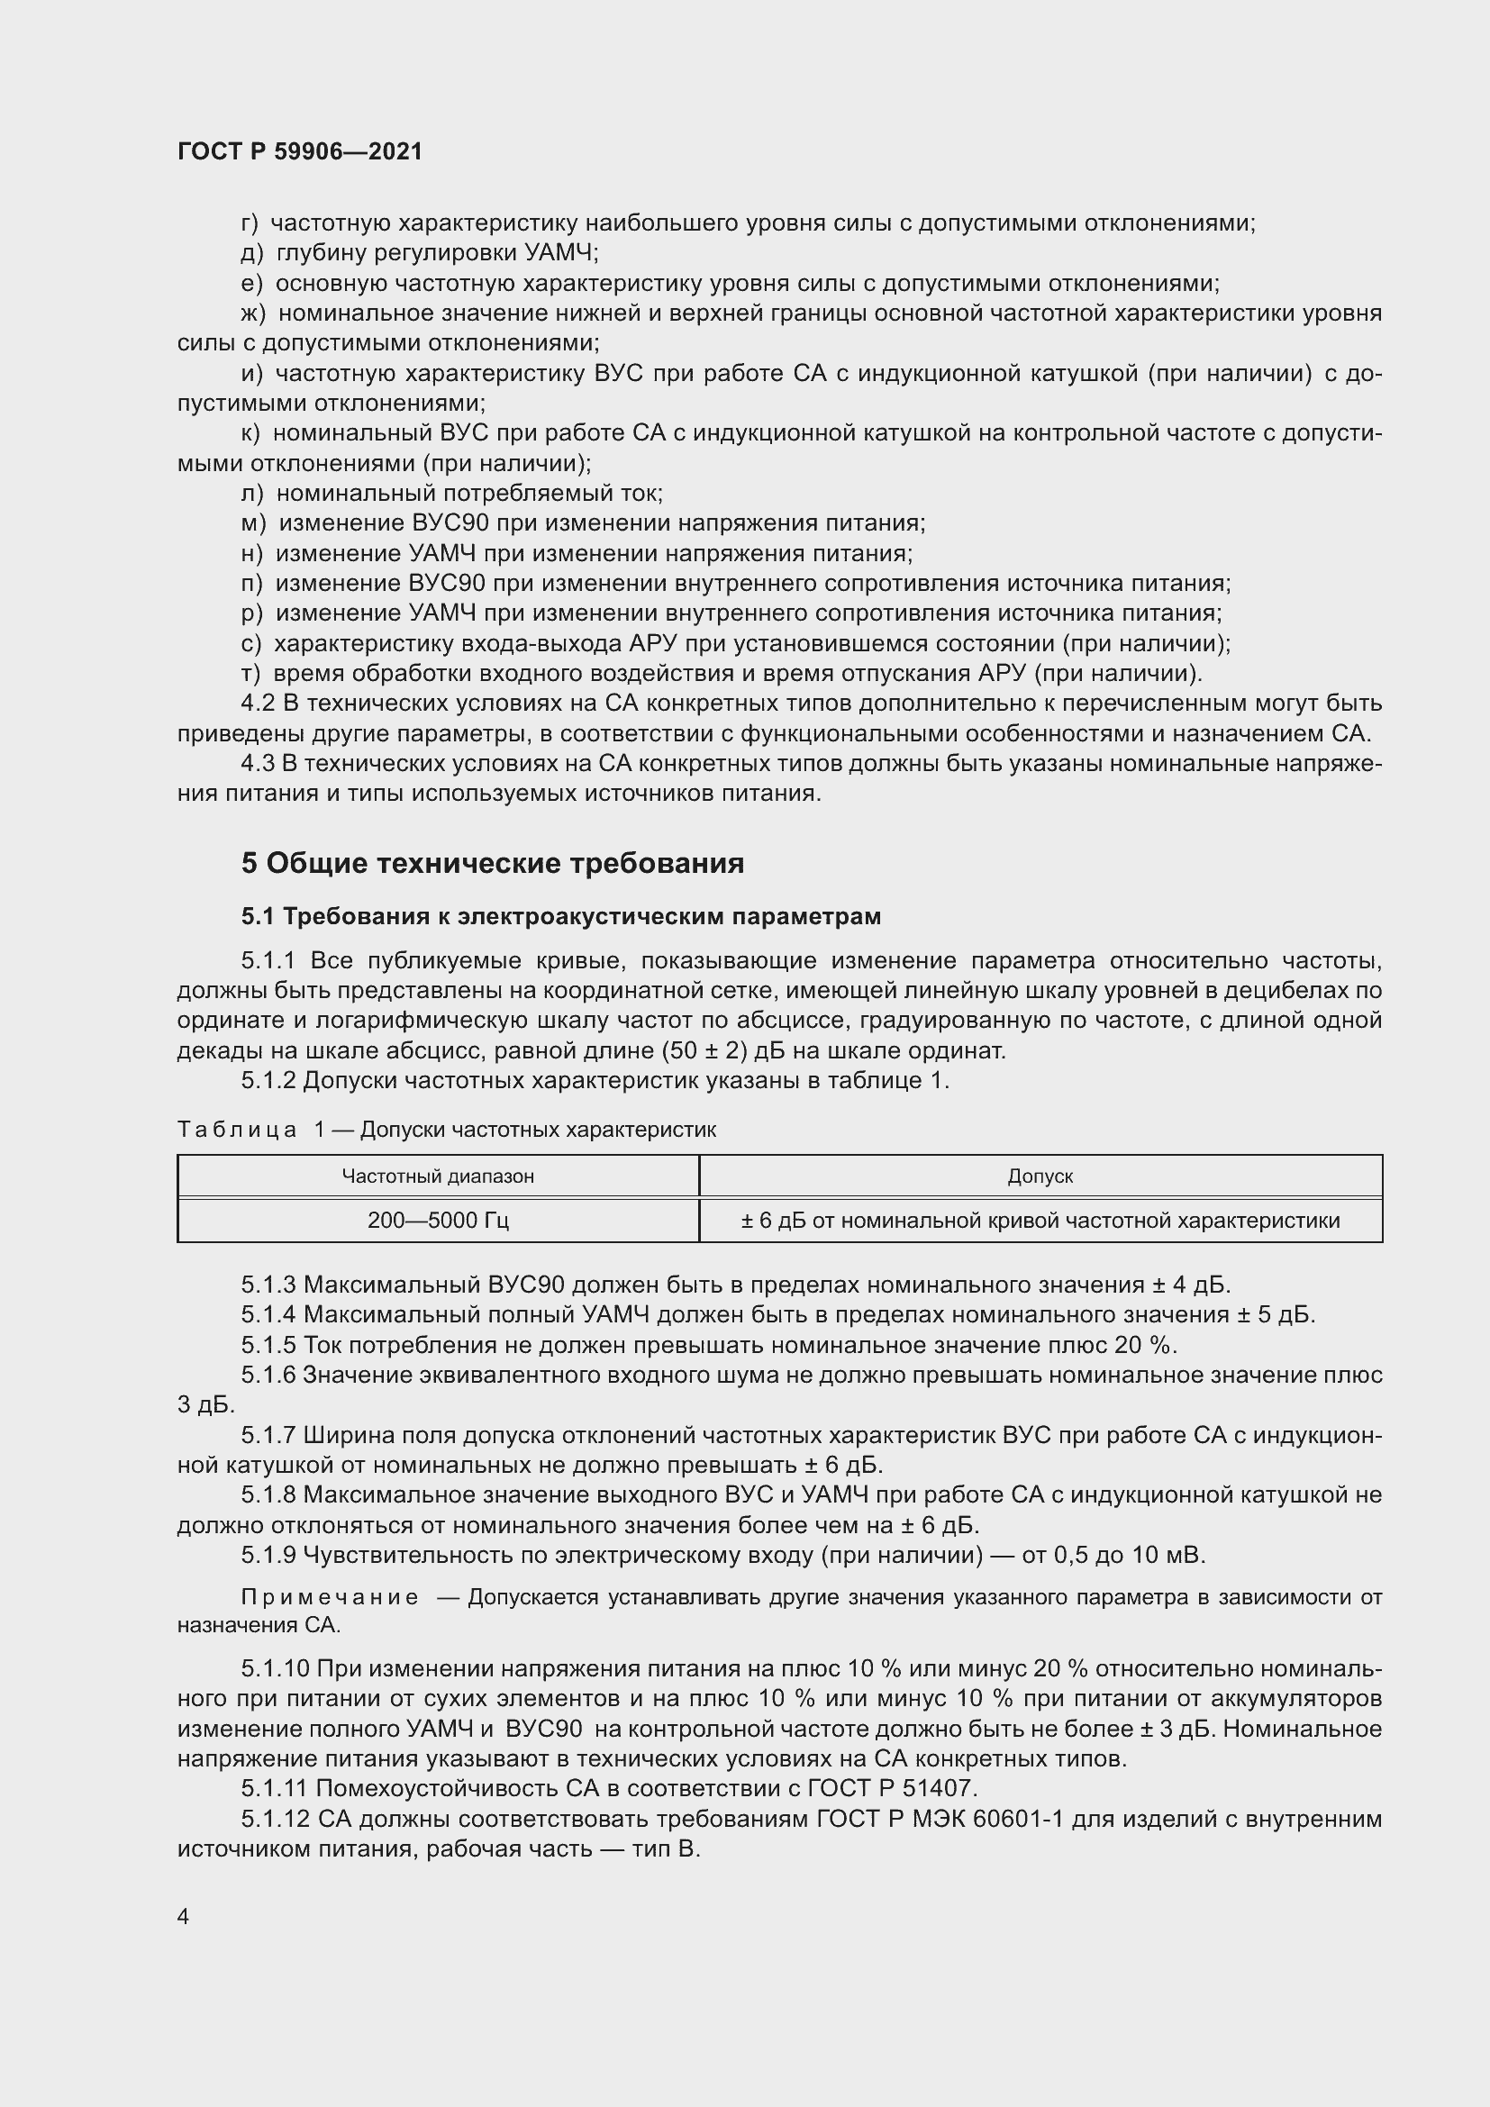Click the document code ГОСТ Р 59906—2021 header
[300, 151]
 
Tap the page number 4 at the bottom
[184, 1917]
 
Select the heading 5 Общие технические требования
[493, 863]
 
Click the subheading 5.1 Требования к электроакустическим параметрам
[560, 916]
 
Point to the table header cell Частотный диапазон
[438, 1176]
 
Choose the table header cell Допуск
[1040, 1176]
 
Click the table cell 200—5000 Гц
[438, 1221]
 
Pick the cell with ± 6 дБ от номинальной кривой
[1040, 1221]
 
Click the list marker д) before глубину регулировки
[252, 253]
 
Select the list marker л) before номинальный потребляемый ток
[252, 494]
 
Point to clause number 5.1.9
[268, 1556]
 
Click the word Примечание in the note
[330, 1598]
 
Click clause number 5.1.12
[276, 1818]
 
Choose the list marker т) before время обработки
[251, 674]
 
